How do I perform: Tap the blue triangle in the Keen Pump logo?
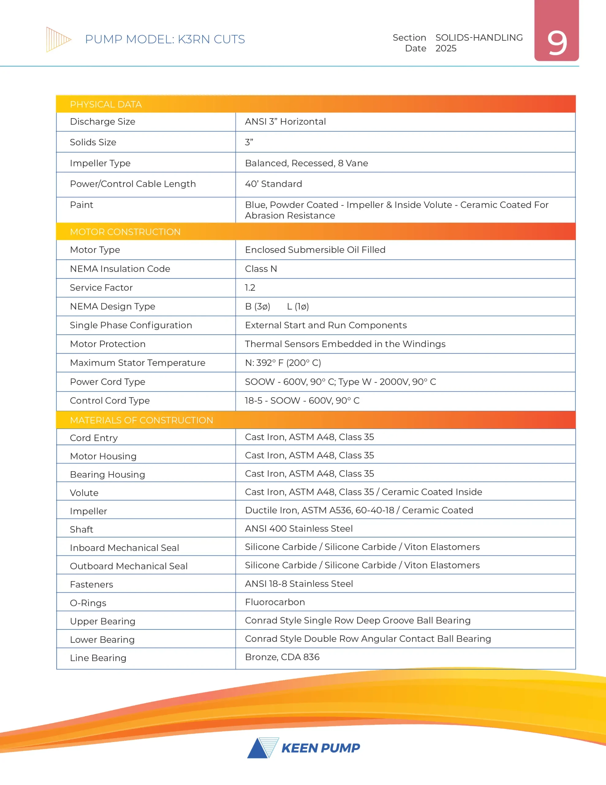(257, 749)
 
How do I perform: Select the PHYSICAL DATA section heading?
(106, 105)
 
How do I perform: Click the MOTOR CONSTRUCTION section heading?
(125, 232)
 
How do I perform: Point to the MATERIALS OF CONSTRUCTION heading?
(141, 420)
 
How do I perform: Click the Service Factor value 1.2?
(250, 288)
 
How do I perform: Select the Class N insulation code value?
(261, 269)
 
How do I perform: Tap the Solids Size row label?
(93, 142)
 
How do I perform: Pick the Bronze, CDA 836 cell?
(282, 657)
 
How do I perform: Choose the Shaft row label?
(81, 530)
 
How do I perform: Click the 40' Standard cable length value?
(273, 184)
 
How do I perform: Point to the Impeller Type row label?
(100, 163)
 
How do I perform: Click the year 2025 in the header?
(446, 48)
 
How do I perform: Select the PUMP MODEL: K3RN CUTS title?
(165, 39)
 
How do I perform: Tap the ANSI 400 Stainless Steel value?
(298, 528)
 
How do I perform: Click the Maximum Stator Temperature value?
(283, 363)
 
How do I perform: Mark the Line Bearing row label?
(98, 658)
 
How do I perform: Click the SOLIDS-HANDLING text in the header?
(479, 38)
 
